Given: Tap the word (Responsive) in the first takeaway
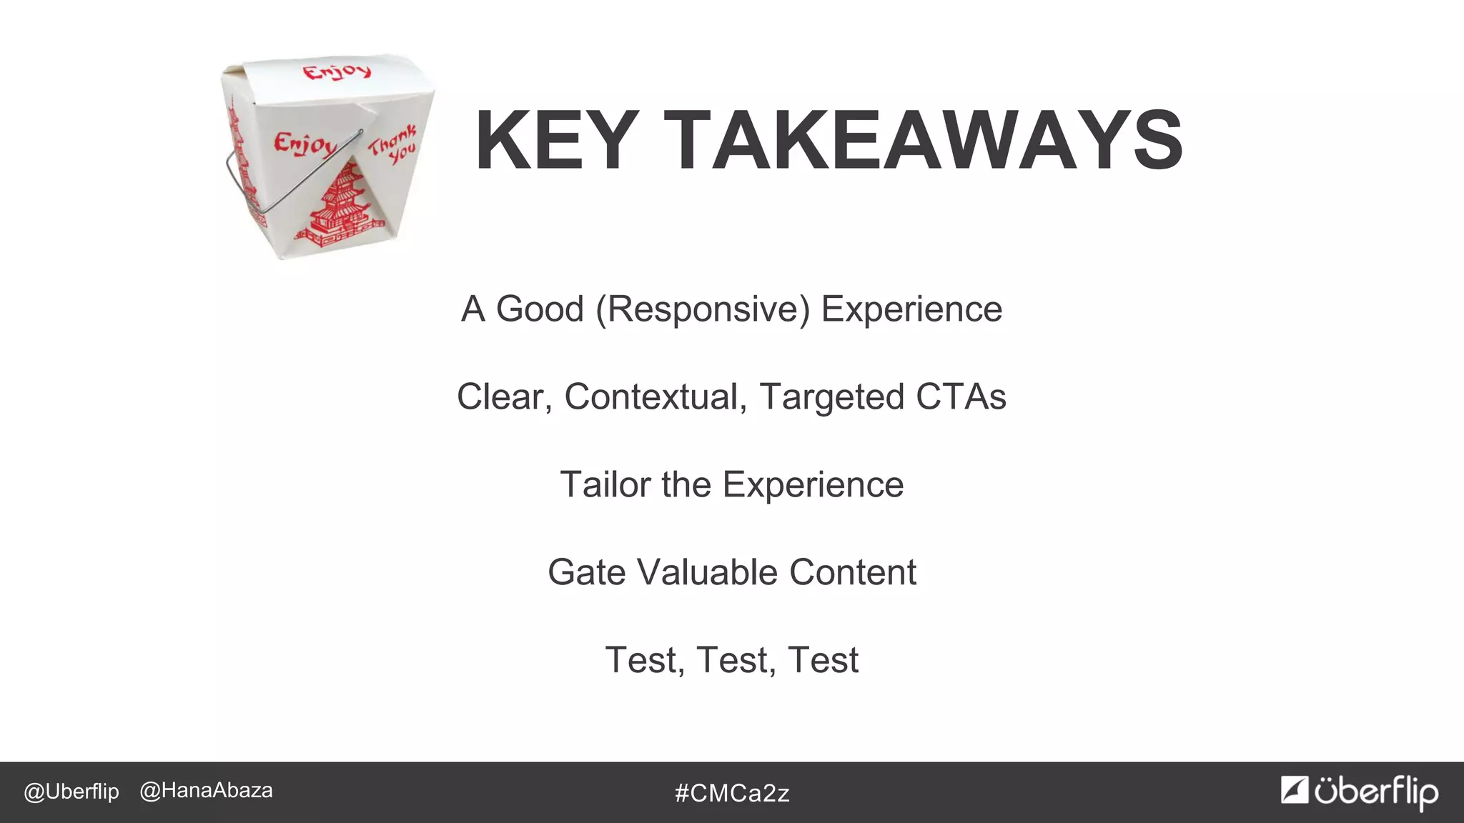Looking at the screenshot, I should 703,310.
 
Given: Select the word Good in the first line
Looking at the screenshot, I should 540,309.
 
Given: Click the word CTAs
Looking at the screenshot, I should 961,396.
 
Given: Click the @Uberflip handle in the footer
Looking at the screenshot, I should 71,792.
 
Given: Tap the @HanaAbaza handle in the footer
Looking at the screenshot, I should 207,791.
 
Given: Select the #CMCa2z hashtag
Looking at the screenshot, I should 732,793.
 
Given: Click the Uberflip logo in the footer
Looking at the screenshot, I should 1360,792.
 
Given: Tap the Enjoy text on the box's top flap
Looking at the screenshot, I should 337,72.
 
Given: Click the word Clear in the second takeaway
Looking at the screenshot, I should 504,397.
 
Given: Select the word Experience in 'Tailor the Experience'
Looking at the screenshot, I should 813,484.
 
